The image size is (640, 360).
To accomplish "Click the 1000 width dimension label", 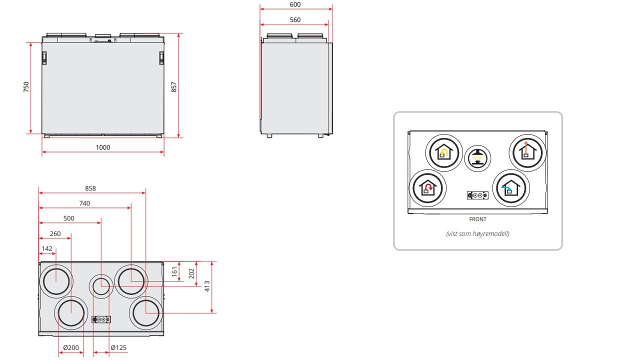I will pyautogui.click(x=103, y=147).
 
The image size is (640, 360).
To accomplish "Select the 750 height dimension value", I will pyautogui.click(x=26, y=87).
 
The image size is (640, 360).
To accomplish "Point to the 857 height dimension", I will pyautogui.click(x=174, y=87).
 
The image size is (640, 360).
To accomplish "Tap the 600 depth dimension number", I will pyautogui.click(x=295, y=4).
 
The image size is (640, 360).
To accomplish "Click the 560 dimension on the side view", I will pyautogui.click(x=295, y=19).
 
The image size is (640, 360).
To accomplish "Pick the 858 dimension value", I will pyautogui.click(x=90, y=188).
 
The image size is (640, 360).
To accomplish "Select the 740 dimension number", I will pyautogui.click(x=84, y=203).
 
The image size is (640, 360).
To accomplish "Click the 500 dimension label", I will pyautogui.click(x=69, y=218).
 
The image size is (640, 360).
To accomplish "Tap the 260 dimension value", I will pyautogui.click(x=55, y=233).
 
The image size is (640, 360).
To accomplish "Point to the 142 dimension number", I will pyautogui.click(x=47, y=248).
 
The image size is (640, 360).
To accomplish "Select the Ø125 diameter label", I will pyautogui.click(x=118, y=347).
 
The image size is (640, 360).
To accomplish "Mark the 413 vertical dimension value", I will pyautogui.click(x=207, y=286).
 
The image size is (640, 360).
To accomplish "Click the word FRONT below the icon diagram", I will pyautogui.click(x=477, y=219).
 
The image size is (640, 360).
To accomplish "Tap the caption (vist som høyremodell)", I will pyautogui.click(x=477, y=233).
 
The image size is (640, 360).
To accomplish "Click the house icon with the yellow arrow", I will pyautogui.click(x=443, y=152).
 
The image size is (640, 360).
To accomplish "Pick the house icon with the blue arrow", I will pyautogui.click(x=510, y=188).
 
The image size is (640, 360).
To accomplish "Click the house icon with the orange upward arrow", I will pyautogui.click(x=526, y=151).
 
